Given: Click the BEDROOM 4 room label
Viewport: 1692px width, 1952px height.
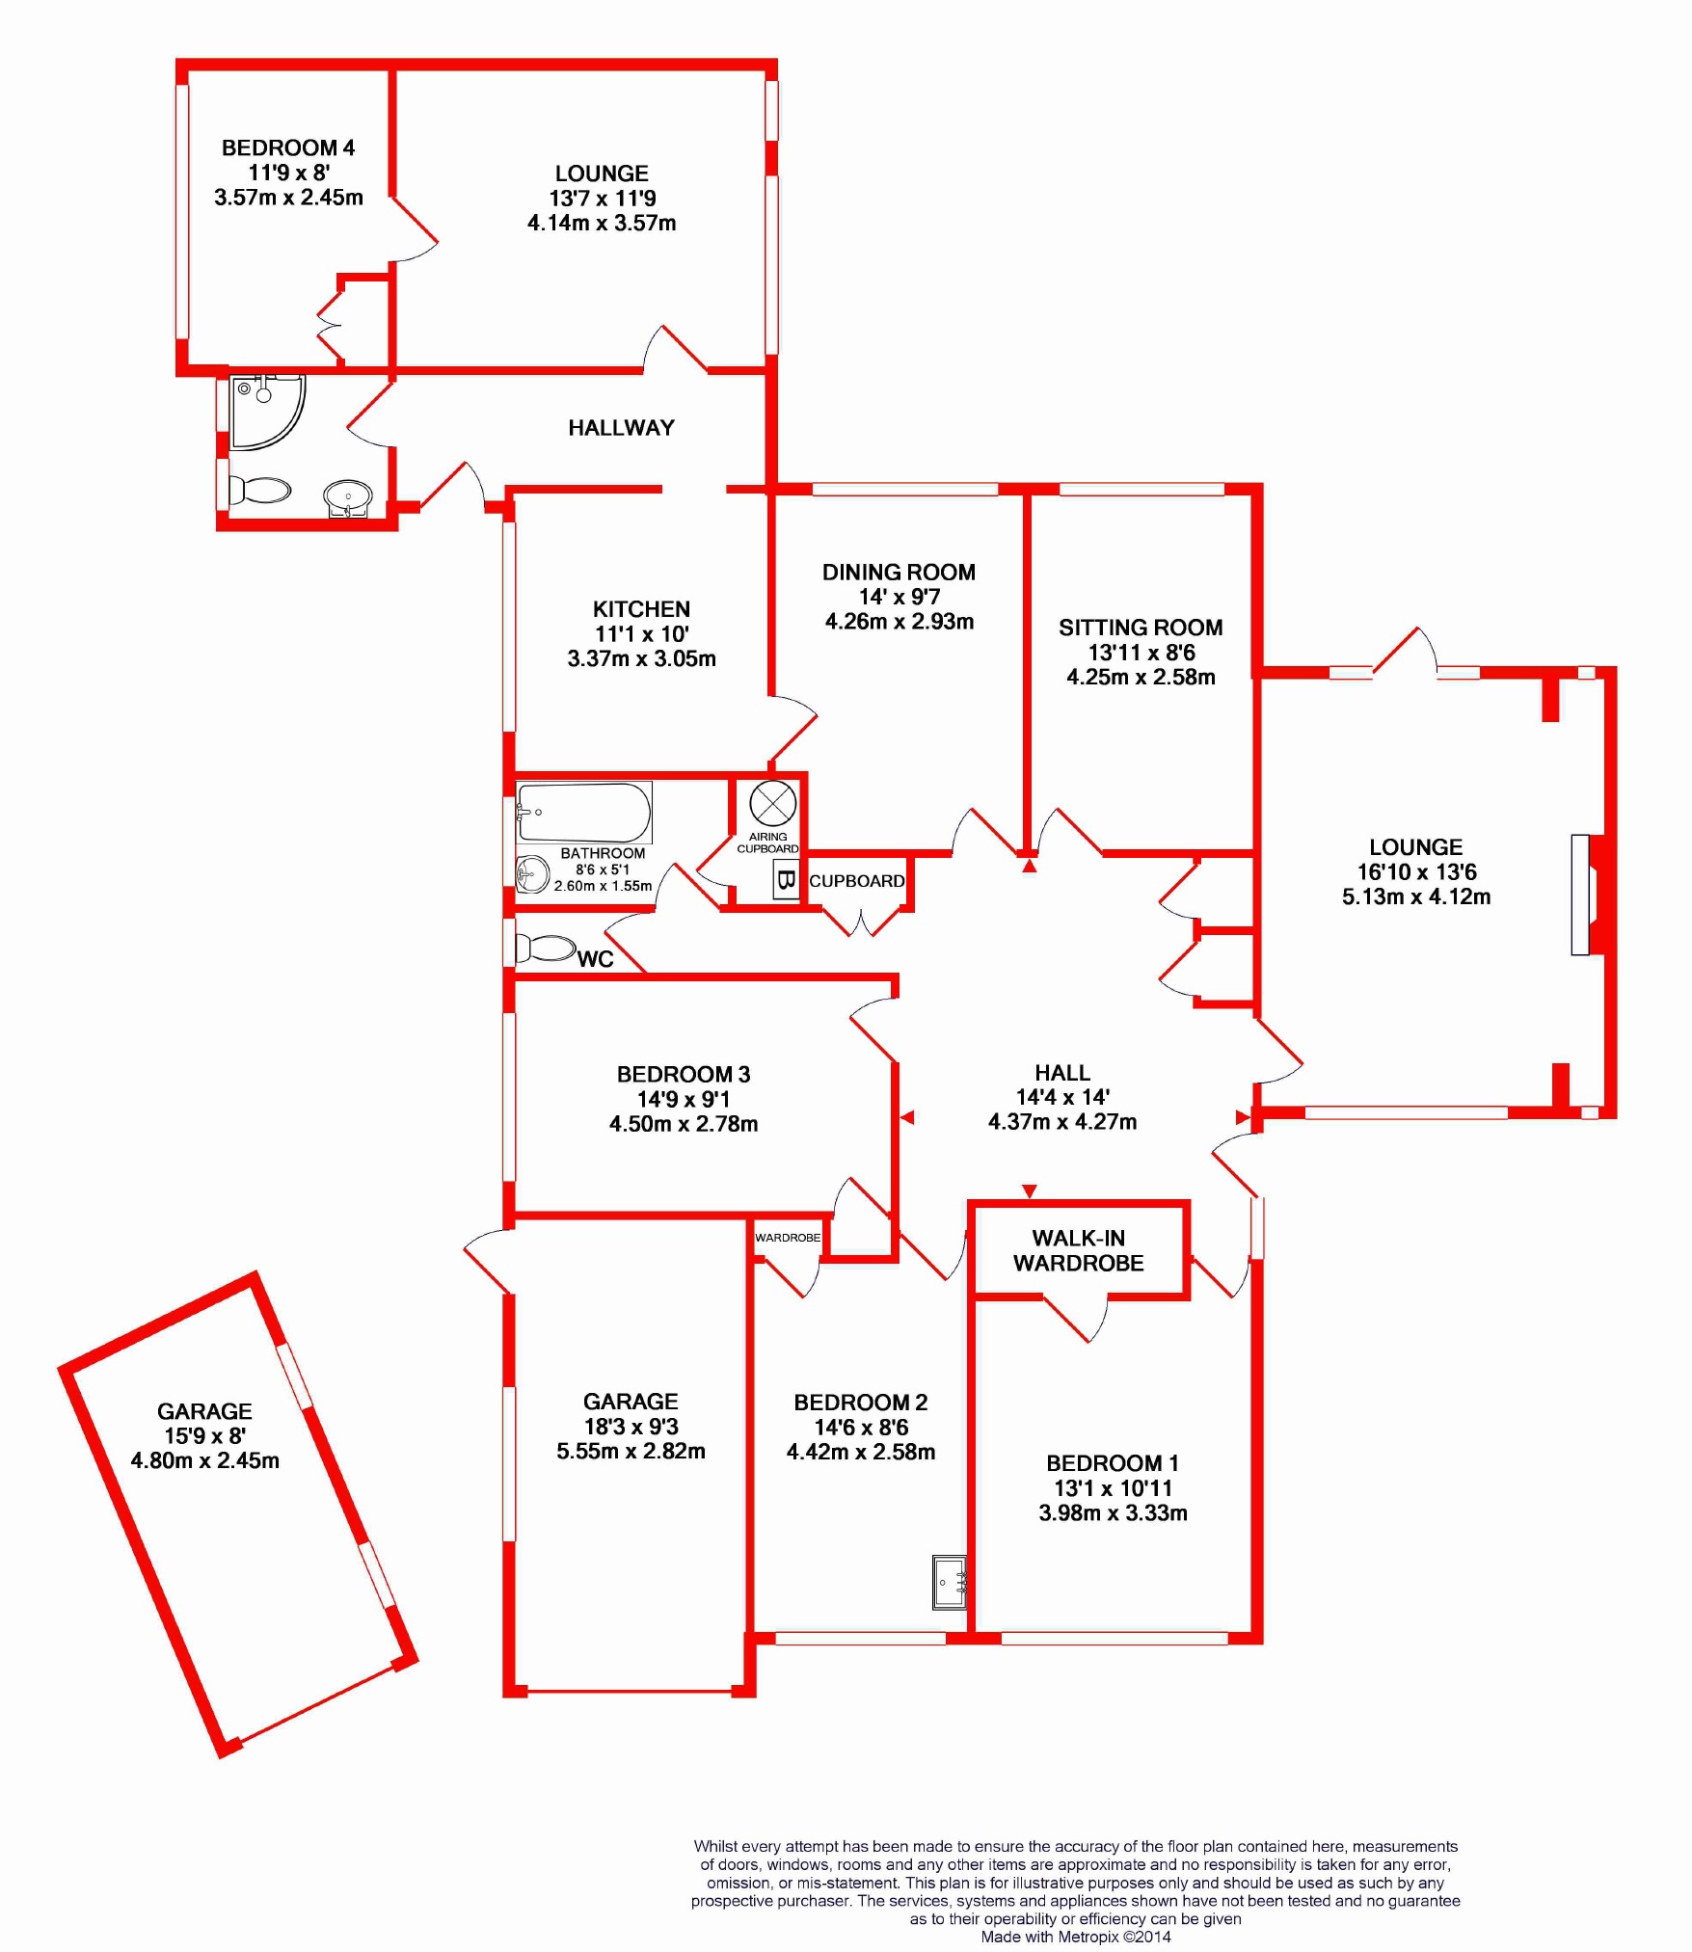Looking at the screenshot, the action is pyautogui.click(x=287, y=147).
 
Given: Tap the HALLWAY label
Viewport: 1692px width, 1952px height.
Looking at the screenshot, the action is pyautogui.click(x=621, y=428).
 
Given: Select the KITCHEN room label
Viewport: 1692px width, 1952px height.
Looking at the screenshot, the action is pyautogui.click(x=641, y=609).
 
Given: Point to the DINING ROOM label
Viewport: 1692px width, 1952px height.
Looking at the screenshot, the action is pyautogui.click(x=899, y=573).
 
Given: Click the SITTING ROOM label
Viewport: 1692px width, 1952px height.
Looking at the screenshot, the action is pyautogui.click(x=1141, y=628).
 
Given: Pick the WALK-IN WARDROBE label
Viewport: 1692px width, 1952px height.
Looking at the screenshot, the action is pyautogui.click(x=1078, y=1250).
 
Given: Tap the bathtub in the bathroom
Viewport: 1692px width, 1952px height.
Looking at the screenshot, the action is pyautogui.click(x=583, y=813).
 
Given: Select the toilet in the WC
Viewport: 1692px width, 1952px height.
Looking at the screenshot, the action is pyautogui.click(x=546, y=949).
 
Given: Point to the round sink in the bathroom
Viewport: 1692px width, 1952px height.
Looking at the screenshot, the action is pyautogui.click(x=531, y=874).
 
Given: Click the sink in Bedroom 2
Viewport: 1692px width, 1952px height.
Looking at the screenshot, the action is pyautogui.click(x=950, y=1581).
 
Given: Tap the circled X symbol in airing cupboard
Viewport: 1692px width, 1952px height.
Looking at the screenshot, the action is pyautogui.click(x=772, y=802).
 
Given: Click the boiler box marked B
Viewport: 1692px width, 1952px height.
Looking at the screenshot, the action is pyautogui.click(x=786, y=880).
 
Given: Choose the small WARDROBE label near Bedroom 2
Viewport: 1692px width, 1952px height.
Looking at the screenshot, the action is pyautogui.click(x=788, y=1238).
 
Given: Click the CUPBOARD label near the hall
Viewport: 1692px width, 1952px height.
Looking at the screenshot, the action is pyautogui.click(x=856, y=881).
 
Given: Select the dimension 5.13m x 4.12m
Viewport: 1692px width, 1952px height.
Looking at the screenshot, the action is pyautogui.click(x=1416, y=896).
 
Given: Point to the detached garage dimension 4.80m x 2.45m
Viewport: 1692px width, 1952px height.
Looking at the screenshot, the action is pyautogui.click(x=205, y=1460).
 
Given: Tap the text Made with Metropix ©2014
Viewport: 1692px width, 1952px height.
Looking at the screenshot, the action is pyautogui.click(x=1075, y=1937).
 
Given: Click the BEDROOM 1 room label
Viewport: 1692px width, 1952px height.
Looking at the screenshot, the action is pyautogui.click(x=1113, y=1463).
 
